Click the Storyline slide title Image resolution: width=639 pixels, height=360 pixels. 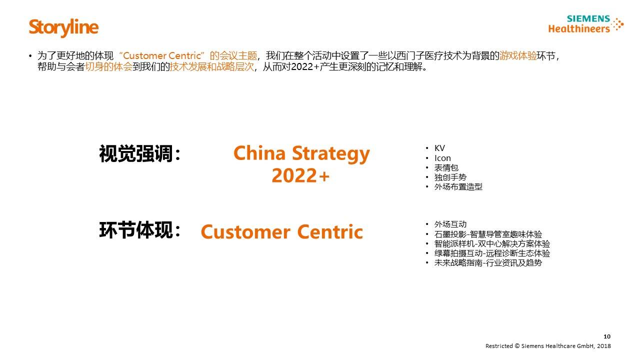click(63, 27)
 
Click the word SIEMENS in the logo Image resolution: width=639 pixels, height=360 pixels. click(588, 18)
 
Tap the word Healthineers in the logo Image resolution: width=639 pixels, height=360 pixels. click(579, 28)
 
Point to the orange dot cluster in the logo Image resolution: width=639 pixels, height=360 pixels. click(618, 24)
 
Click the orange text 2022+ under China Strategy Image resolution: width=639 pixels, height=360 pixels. click(300, 175)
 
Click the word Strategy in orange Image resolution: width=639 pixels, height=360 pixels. click(331, 154)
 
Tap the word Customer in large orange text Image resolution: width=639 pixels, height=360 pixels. click(246, 231)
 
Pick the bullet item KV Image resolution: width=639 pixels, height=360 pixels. click(439, 148)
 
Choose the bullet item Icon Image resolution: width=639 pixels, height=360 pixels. click(442, 158)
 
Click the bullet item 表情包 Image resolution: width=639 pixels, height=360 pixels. click(446, 167)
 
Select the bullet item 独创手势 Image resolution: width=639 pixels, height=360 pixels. click(450, 177)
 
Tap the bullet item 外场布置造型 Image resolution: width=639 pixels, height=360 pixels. click(458, 187)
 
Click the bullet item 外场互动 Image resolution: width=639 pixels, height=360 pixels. click(450, 224)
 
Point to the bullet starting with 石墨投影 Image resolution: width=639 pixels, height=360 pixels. click(488, 234)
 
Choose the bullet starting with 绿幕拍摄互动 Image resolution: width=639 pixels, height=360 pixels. click(492, 253)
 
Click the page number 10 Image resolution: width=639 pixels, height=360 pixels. click(607, 336)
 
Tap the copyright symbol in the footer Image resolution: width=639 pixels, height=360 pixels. click(517, 346)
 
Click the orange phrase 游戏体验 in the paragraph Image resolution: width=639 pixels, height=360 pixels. click(518, 55)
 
